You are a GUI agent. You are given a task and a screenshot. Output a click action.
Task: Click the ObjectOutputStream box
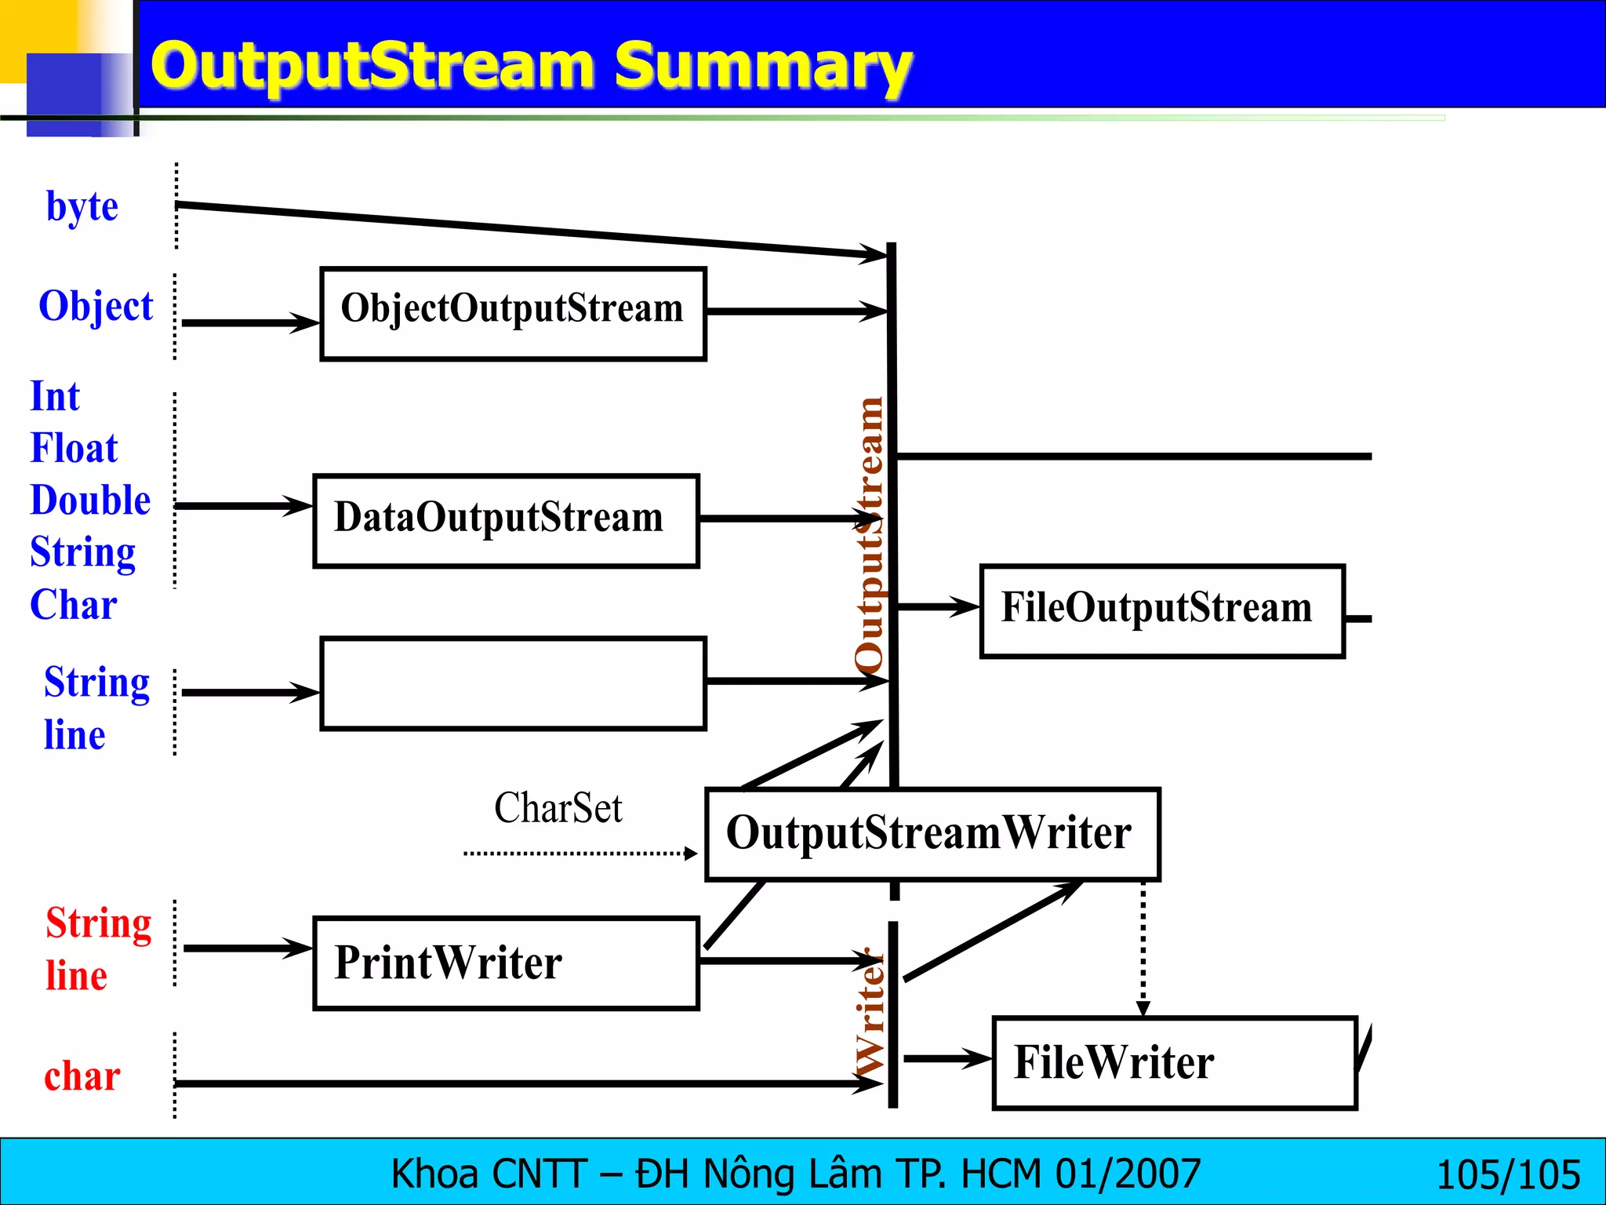click(513, 313)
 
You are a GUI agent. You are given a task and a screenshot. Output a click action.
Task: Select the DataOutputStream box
click(506, 520)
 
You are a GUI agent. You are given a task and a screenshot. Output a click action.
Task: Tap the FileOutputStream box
click(1162, 610)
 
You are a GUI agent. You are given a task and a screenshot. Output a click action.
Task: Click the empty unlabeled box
click(513, 683)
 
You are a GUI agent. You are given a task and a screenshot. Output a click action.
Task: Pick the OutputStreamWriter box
click(932, 834)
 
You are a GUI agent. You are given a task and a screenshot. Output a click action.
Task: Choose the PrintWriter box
click(506, 963)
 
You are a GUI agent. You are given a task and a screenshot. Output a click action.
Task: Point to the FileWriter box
click(1174, 1063)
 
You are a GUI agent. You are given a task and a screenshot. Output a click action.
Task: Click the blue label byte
click(82, 206)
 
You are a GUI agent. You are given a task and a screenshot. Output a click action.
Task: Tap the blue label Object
click(96, 305)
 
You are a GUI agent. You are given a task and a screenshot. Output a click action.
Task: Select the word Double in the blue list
click(90, 500)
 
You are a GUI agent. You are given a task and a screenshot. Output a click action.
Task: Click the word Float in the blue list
click(74, 448)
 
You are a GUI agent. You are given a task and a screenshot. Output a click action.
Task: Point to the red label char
click(82, 1076)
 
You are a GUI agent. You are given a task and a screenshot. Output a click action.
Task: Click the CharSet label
click(558, 807)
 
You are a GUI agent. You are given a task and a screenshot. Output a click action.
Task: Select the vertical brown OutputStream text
click(869, 533)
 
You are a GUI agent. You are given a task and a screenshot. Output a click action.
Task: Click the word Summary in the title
click(762, 66)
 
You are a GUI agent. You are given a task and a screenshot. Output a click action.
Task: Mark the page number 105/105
click(1507, 1174)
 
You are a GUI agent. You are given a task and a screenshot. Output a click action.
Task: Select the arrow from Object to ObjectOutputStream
click(249, 322)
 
